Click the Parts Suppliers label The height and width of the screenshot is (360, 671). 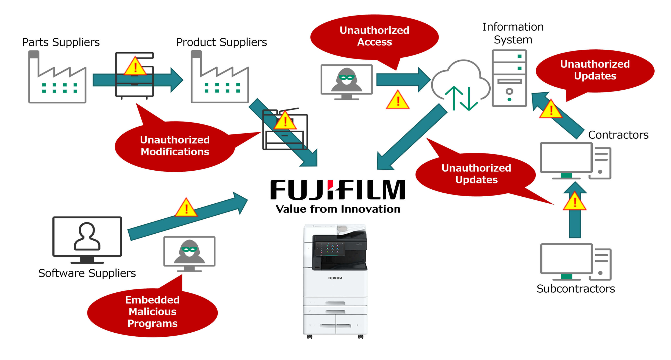pyautogui.click(x=61, y=42)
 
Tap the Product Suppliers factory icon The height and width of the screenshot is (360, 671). pyautogui.click(x=220, y=78)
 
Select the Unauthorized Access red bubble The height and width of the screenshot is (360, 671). pyautogui.click(x=374, y=36)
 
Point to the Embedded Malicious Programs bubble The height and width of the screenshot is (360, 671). pyautogui.click(x=152, y=311)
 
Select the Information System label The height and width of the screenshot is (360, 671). pyautogui.click(x=513, y=33)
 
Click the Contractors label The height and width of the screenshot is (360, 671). pyautogui.click(x=618, y=135)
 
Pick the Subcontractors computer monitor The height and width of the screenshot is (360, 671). pyautogui.click(x=566, y=261)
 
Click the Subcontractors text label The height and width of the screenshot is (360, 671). pyautogui.click(x=576, y=289)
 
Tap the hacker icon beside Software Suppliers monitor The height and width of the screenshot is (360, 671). pyautogui.click(x=189, y=254)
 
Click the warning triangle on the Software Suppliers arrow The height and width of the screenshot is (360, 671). pyautogui.click(x=186, y=208)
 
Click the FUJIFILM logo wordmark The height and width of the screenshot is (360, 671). pyautogui.click(x=338, y=190)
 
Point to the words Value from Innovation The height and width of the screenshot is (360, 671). pyautogui.click(x=338, y=209)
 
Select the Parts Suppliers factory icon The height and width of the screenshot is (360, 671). pyautogui.click(x=57, y=78)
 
